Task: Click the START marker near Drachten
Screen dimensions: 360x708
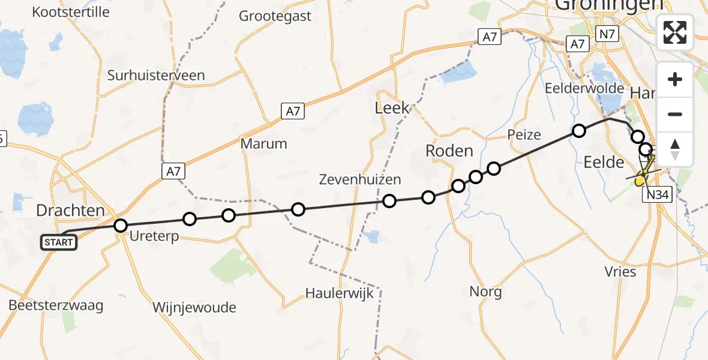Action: (x=59, y=242)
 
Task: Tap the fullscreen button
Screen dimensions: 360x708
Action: (x=675, y=32)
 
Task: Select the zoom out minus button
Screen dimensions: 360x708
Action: (x=675, y=114)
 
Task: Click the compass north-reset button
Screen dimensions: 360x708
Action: (x=675, y=149)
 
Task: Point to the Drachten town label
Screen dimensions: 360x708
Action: (x=71, y=210)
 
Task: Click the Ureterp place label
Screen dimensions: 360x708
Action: (x=154, y=237)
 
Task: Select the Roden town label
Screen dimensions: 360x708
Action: (x=449, y=151)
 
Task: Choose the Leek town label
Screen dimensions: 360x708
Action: (x=392, y=108)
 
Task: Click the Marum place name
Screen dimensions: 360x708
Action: (x=263, y=144)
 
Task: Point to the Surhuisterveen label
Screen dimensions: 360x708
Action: (x=156, y=76)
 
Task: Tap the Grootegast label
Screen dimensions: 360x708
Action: (x=275, y=16)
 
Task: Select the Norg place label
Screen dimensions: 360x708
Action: (x=486, y=292)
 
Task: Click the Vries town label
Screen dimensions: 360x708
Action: (x=620, y=271)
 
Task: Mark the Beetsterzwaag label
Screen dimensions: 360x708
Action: (x=56, y=305)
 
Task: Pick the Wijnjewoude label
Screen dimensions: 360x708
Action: (x=194, y=308)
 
